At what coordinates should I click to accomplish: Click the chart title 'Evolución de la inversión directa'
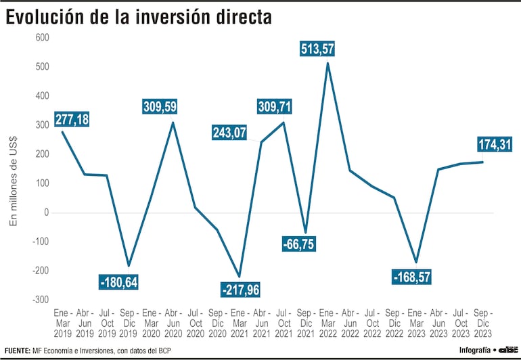point(139,18)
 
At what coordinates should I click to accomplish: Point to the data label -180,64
point(118,282)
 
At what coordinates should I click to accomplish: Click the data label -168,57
point(411,277)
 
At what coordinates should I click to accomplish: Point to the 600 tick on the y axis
point(42,37)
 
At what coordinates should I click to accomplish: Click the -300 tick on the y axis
point(41,300)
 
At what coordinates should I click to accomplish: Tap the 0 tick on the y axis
point(47,212)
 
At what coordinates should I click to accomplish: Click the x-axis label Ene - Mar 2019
point(62,324)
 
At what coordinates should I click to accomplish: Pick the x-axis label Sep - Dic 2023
point(483,324)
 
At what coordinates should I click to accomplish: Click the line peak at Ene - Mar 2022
point(327,64)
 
